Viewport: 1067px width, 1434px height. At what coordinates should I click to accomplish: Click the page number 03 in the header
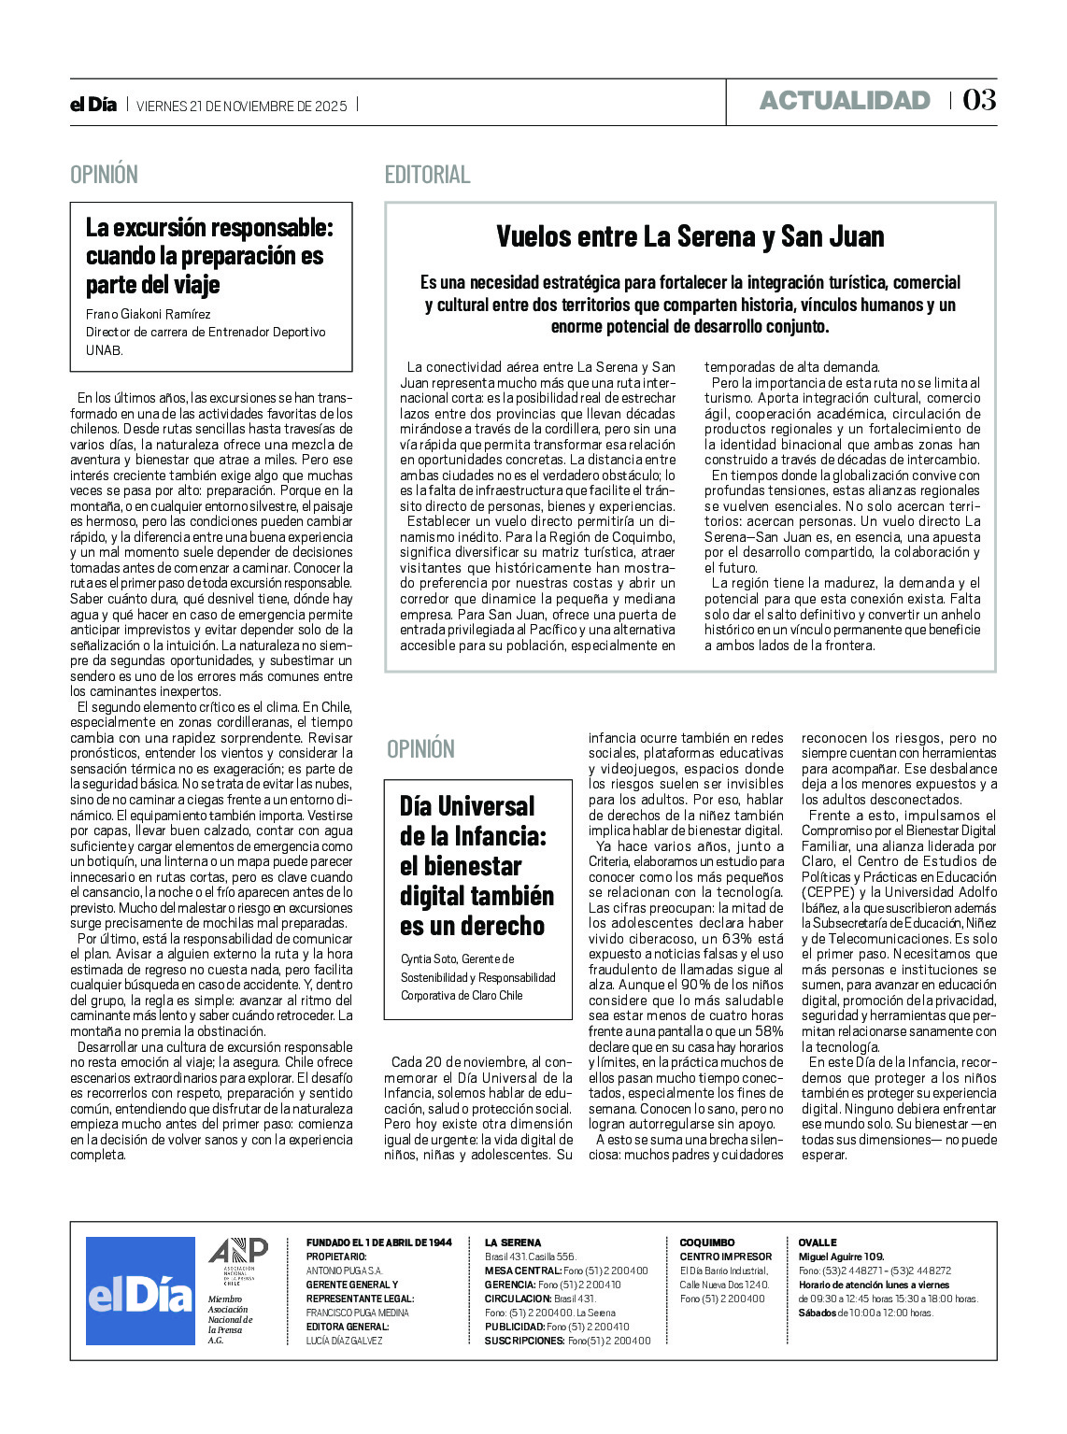(979, 101)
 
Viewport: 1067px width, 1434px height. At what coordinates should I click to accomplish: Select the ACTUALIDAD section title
(845, 101)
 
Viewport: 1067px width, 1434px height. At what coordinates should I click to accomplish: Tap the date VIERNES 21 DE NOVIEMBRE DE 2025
(241, 106)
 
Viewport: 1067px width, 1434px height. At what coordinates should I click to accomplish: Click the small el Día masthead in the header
(93, 105)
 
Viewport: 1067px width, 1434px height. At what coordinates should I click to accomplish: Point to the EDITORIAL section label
(427, 175)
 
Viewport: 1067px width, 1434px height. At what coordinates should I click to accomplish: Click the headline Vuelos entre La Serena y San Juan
(690, 236)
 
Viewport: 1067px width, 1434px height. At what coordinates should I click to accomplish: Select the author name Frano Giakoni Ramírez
(149, 314)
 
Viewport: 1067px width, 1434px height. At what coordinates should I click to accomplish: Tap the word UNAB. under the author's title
(105, 350)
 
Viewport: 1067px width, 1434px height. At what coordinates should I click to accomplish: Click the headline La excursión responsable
(209, 255)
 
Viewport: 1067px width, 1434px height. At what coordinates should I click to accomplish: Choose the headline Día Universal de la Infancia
(477, 865)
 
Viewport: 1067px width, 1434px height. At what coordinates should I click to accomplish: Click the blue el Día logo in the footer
(140, 1291)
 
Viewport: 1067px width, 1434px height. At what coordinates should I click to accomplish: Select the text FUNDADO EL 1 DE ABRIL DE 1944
(379, 1242)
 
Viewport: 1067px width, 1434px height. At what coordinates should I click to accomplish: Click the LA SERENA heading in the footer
(513, 1242)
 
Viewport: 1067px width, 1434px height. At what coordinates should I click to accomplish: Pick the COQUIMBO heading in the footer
(707, 1242)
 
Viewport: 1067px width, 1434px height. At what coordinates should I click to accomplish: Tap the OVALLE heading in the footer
(818, 1242)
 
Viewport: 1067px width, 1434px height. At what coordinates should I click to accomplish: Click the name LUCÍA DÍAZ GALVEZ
(345, 1341)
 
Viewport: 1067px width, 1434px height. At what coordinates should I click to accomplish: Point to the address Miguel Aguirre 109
(841, 1257)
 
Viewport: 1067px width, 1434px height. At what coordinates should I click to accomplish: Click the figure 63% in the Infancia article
(740, 939)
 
